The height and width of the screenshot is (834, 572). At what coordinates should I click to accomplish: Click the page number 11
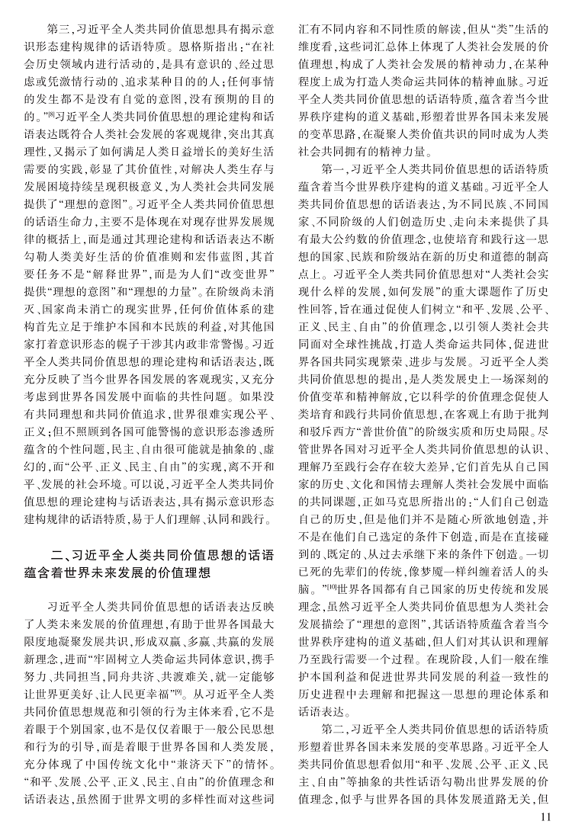click(544, 816)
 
